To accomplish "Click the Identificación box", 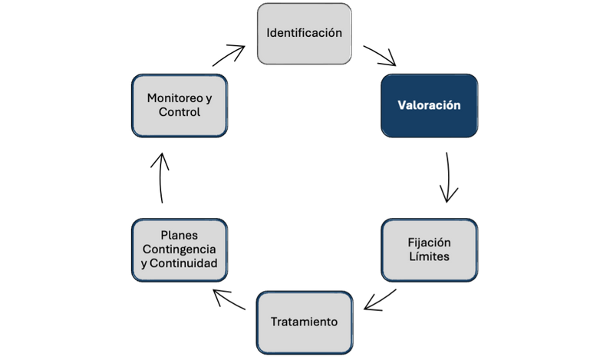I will [x=304, y=34].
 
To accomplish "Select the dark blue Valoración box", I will [x=429, y=106].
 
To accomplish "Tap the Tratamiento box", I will [x=304, y=322].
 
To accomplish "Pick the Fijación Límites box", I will [x=429, y=249].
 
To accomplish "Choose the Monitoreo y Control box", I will [x=180, y=106].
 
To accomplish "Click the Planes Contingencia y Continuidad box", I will [x=180, y=249].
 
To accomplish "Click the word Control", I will [x=180, y=113].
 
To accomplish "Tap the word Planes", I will [x=180, y=236].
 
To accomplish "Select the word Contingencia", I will [x=180, y=249].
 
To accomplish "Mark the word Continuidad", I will [x=184, y=264].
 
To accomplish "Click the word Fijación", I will [x=429, y=242].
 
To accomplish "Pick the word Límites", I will [x=429, y=256].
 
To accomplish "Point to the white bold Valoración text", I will [x=429, y=106].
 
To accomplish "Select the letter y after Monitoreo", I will [x=209, y=98].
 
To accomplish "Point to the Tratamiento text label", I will [x=304, y=322].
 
